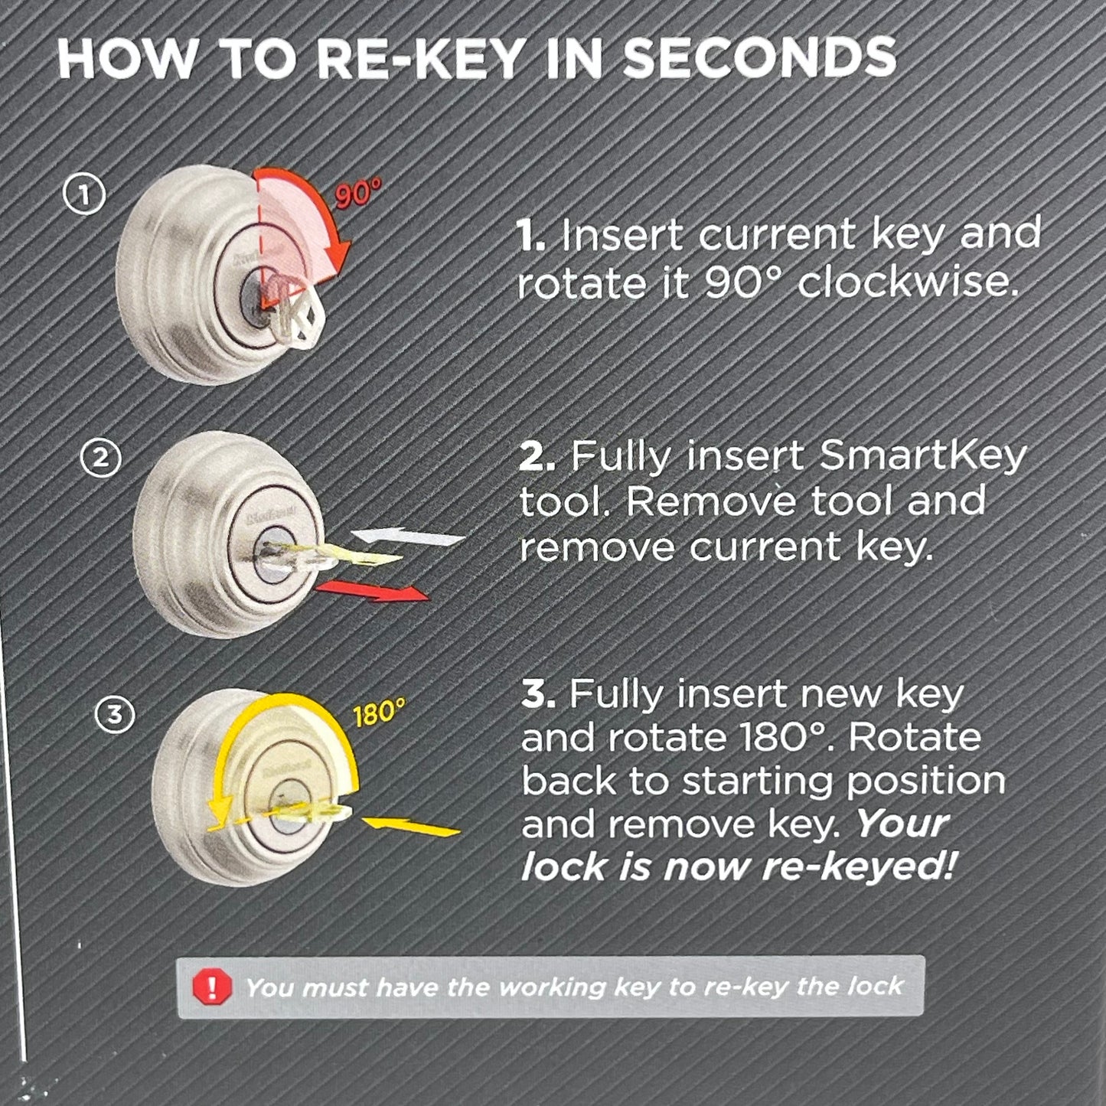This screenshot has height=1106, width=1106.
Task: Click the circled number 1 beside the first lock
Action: pos(83,195)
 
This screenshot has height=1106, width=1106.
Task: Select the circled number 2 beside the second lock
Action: pos(101,459)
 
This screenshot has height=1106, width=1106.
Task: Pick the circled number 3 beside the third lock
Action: pos(114,715)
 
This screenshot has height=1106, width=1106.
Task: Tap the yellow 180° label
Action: pos(379,714)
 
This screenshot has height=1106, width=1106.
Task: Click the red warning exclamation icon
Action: pos(212,987)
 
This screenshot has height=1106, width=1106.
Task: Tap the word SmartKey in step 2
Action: pos(922,457)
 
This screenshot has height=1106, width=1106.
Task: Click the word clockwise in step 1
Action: pos(909,283)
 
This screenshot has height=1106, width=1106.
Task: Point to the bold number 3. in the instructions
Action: pos(539,694)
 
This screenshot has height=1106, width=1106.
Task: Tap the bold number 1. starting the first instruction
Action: pos(531,236)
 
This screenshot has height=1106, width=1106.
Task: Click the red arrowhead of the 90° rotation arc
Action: pos(341,250)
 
